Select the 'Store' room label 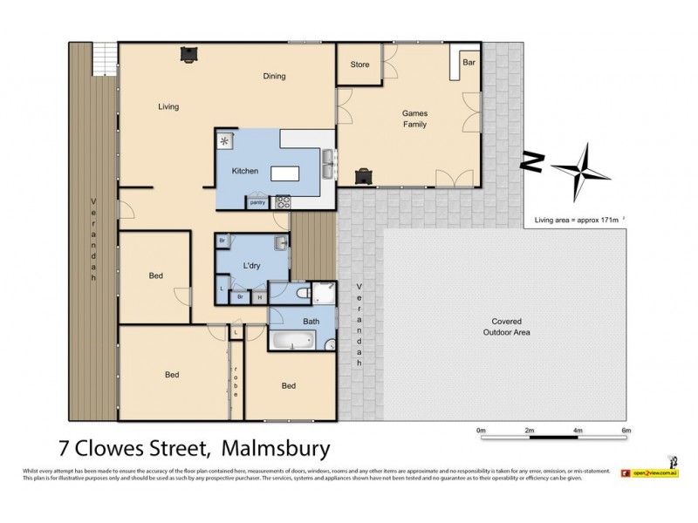click(359, 65)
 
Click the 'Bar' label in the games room click(469, 64)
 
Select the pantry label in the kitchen click(257, 203)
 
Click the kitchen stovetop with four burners click(284, 201)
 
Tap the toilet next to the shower click(301, 294)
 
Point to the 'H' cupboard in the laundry click(259, 297)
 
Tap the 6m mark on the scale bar click(626, 431)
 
